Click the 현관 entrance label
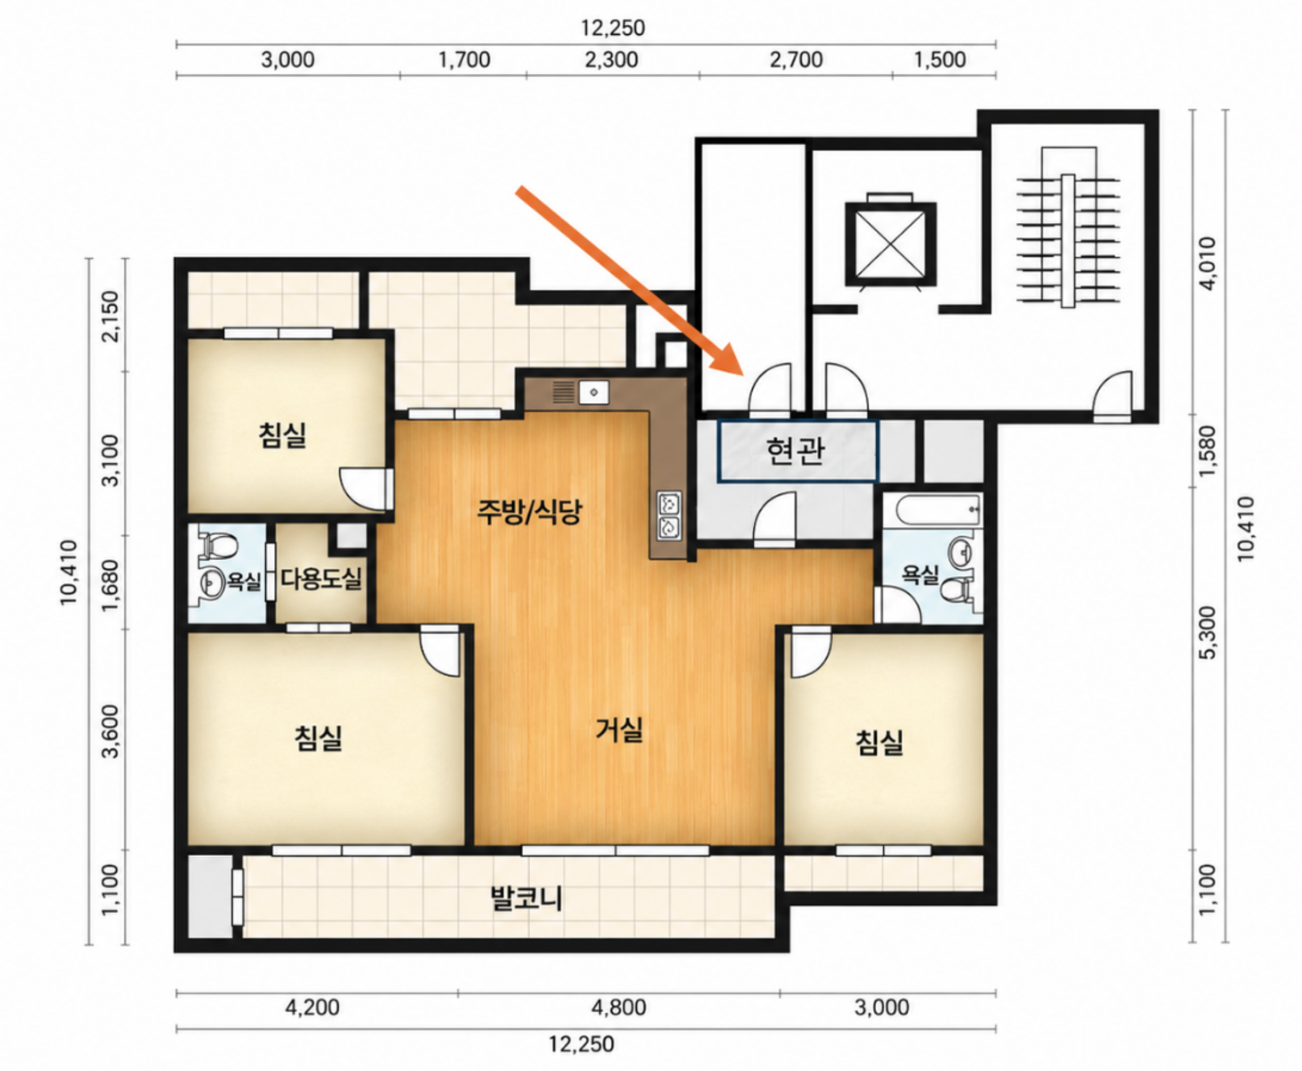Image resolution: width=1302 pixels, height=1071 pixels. (795, 450)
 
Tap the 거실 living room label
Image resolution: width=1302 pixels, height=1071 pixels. (619, 729)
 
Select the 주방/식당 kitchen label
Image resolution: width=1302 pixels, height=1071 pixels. (529, 512)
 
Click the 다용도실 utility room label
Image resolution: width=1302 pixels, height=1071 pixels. (322, 578)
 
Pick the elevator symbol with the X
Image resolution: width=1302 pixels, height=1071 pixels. (890, 244)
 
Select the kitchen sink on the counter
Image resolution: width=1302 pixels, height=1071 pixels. (594, 392)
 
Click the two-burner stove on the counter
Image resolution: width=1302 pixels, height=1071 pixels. (670, 515)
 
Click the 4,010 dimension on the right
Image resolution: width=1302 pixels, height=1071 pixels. (1208, 263)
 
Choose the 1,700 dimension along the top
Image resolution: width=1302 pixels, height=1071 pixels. (464, 60)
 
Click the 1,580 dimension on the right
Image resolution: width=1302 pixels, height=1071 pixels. (1208, 451)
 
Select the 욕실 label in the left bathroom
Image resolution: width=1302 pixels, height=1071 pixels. (244, 580)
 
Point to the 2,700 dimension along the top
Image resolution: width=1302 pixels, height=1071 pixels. (796, 60)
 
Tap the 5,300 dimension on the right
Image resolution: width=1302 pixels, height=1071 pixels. (1208, 633)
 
